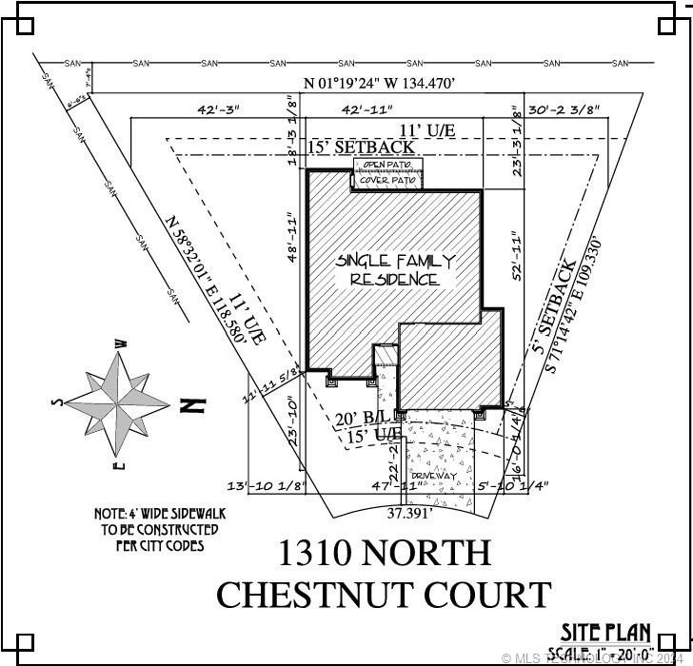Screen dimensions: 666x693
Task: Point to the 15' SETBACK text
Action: (x=361, y=147)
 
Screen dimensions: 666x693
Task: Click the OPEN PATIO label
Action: (x=386, y=166)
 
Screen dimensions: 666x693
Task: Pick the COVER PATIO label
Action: (x=386, y=179)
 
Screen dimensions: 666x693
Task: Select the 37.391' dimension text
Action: (x=410, y=512)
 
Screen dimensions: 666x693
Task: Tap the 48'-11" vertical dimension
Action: (x=293, y=238)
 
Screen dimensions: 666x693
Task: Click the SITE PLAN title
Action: (x=605, y=632)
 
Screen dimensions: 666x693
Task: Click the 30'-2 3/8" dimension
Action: (x=564, y=109)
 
